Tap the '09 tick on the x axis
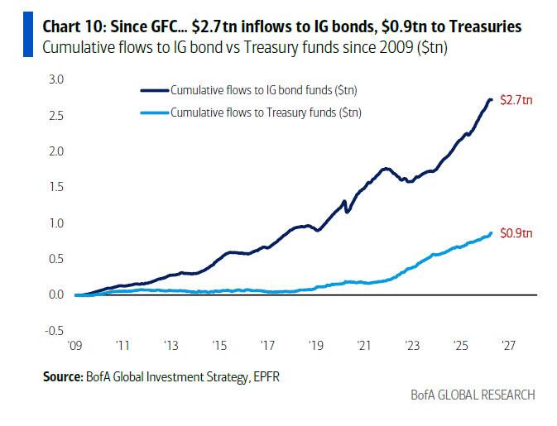[77, 347]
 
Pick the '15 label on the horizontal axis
[220, 347]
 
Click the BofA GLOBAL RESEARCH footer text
[473, 395]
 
